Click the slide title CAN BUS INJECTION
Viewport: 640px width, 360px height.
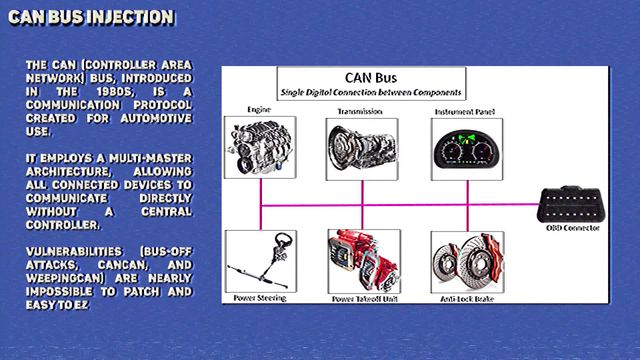91,18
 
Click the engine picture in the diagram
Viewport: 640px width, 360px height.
260,147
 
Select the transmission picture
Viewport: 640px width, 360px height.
362,149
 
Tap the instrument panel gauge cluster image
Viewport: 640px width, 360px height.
467,149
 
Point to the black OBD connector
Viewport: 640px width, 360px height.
571,204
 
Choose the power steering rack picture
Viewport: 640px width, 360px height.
261,261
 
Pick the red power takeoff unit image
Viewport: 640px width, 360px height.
364,261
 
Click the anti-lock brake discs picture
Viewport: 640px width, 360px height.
467,262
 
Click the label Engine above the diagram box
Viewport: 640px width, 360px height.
259,109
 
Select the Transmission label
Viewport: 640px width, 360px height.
360,111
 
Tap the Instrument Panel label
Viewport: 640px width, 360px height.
465,111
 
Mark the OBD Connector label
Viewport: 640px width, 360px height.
573,228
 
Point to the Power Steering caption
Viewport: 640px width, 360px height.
260,298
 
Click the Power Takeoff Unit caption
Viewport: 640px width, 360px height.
365,299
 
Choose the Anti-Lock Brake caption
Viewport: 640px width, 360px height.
467,299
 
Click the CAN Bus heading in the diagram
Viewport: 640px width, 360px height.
371,78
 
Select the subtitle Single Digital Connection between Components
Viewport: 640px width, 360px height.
371,93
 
